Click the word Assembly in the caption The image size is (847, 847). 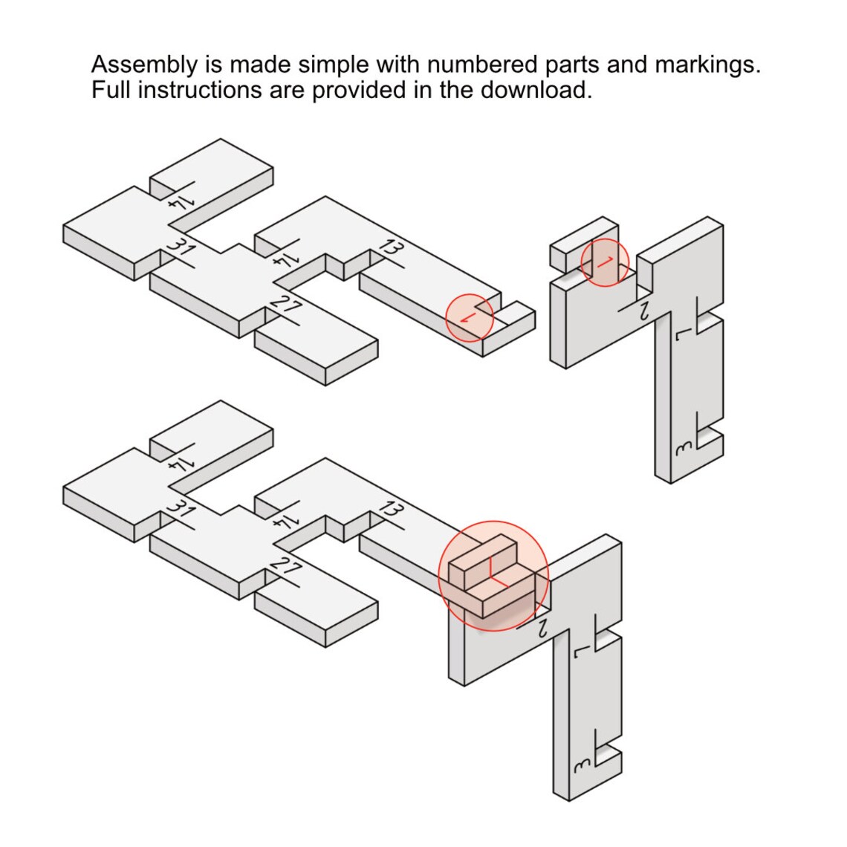[x=144, y=65]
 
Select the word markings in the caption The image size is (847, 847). [x=707, y=65]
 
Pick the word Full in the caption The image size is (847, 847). [x=111, y=90]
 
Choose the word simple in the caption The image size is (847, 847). [x=334, y=65]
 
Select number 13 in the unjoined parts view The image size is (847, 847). [x=391, y=247]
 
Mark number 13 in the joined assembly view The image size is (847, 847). [x=391, y=510]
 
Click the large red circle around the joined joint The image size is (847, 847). [x=439, y=576]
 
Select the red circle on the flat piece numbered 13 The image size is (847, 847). [x=446, y=318]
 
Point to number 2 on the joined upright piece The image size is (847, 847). [x=542, y=629]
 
